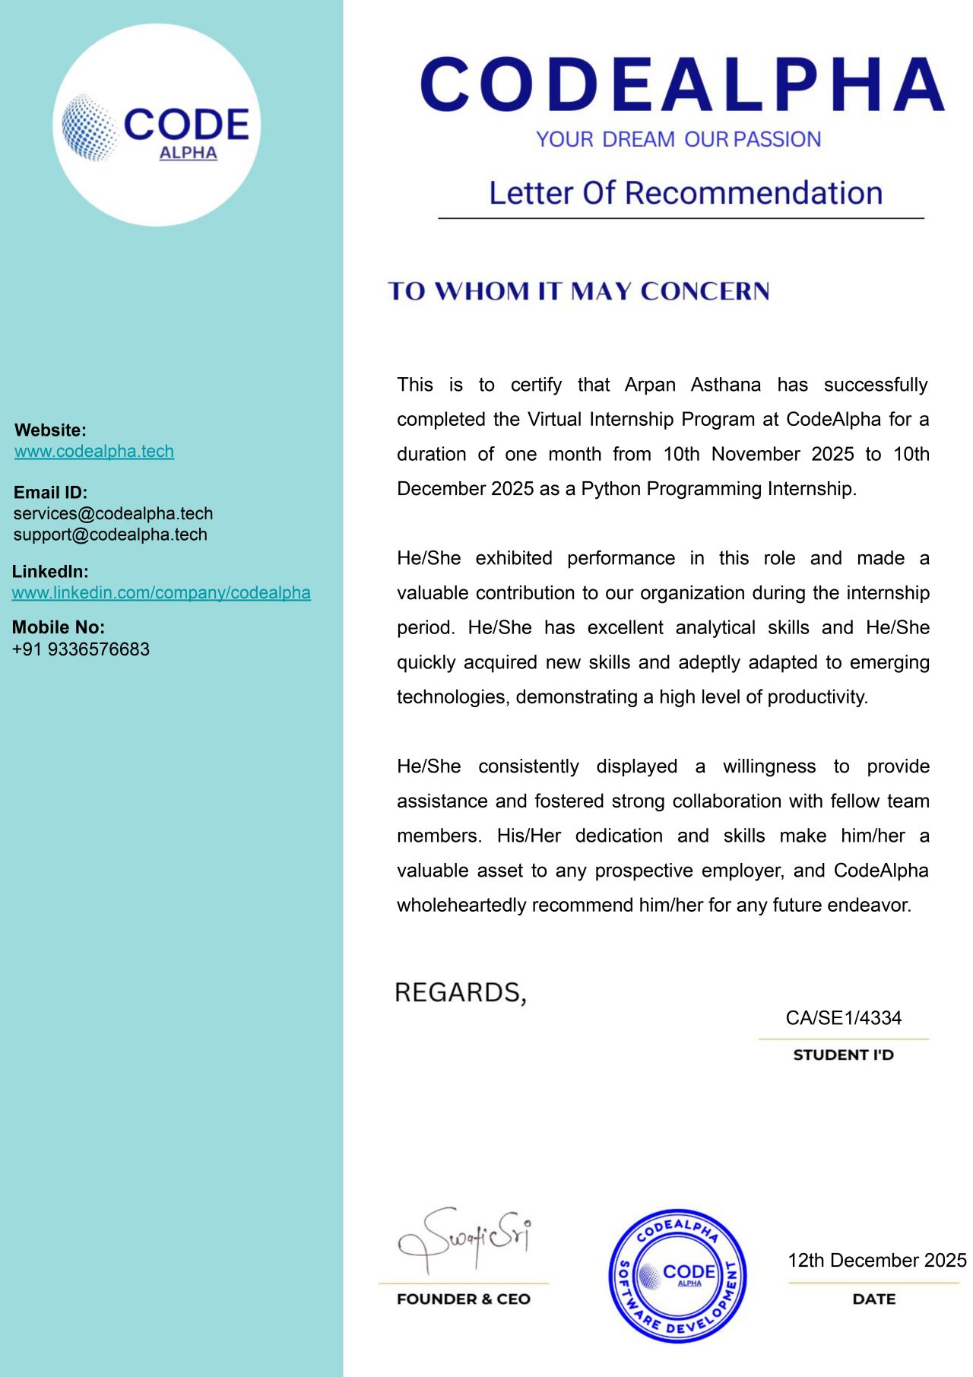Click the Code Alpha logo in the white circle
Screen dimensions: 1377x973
click(x=157, y=126)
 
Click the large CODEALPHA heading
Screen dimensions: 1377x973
click(x=682, y=84)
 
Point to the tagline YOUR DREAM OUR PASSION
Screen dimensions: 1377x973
click(x=678, y=140)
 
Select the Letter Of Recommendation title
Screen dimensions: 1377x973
click(x=685, y=193)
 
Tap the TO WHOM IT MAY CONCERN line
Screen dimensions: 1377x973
click(x=578, y=291)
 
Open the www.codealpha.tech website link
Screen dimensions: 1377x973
click(x=94, y=451)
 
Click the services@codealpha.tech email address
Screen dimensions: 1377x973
click(x=113, y=513)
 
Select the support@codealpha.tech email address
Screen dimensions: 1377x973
click(x=110, y=535)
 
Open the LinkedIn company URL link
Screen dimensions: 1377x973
click(x=161, y=592)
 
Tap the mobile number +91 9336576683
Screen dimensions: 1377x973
click(x=81, y=649)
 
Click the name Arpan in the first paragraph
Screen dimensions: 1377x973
click(x=650, y=385)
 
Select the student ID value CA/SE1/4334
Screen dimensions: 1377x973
click(x=843, y=1018)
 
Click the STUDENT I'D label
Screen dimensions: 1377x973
click(x=843, y=1055)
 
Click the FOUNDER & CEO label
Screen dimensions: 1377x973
click(x=464, y=1299)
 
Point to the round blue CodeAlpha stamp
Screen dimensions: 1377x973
click(x=677, y=1276)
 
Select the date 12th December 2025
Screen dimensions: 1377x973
click(x=876, y=1261)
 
